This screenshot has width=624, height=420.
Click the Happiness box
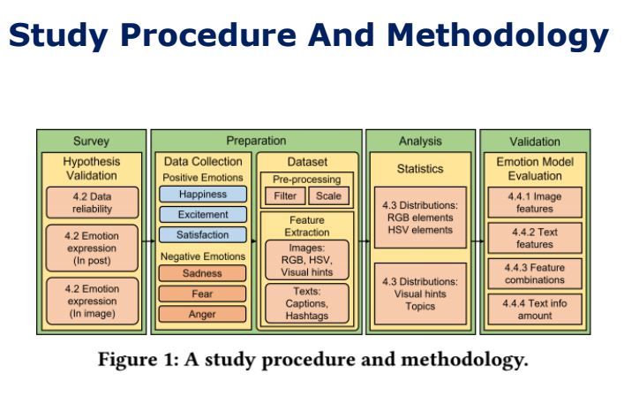[203, 194]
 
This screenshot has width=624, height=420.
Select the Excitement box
[203, 215]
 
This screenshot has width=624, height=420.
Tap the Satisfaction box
[203, 235]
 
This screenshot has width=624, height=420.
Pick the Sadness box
[202, 273]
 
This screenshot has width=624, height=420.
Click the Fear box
[202, 294]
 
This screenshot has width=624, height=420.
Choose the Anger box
[202, 314]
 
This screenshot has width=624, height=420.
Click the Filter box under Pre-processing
[283, 195]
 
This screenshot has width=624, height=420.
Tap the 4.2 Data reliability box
[92, 202]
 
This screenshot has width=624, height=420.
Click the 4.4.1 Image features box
[535, 202]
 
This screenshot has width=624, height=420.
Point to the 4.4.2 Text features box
[535, 238]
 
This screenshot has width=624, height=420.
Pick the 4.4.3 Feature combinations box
[535, 273]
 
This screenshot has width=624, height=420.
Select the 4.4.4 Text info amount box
[535, 309]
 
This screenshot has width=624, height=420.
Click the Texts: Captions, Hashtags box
[307, 303]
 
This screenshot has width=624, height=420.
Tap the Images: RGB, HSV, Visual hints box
[307, 261]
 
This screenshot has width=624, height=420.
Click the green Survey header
[92, 141]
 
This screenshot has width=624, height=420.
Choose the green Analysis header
[420, 141]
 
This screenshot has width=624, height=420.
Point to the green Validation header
[535, 141]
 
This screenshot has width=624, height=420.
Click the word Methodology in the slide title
[499, 35]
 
